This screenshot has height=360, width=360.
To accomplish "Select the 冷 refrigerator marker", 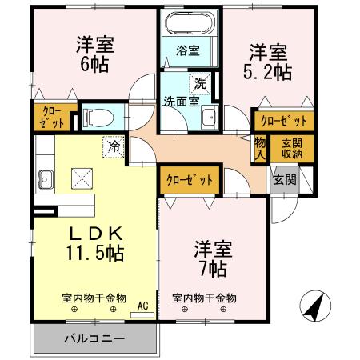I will [115, 146].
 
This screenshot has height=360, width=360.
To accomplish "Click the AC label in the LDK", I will [142, 305].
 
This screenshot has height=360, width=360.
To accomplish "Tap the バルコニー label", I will [94, 338].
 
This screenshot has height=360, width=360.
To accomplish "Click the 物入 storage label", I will [261, 149].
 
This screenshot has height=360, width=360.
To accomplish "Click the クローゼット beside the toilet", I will [50, 118].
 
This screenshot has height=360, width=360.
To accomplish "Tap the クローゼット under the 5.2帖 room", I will [282, 121].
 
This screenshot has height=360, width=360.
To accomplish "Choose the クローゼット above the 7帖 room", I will [190, 180].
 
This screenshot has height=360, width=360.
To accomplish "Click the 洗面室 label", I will [181, 102].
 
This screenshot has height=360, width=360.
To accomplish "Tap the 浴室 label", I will [189, 50].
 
